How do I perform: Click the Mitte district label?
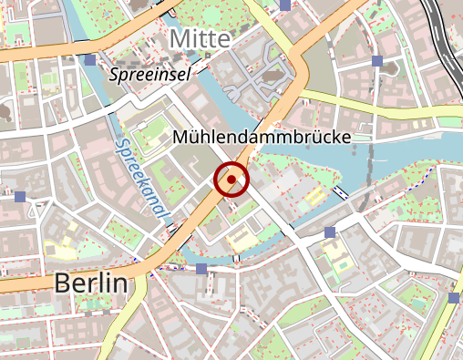coord(198,38)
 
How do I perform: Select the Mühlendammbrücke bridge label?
coord(261,137)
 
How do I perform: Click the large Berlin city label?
coord(89,283)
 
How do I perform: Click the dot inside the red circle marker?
coord(232,180)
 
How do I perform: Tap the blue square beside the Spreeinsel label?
coord(89,60)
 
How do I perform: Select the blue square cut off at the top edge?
coord(285,4)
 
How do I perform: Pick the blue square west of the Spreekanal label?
coord(20,197)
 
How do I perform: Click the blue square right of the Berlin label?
coord(201,269)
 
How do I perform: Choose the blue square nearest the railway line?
coord(376,60)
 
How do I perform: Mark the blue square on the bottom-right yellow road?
coord(454,298)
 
